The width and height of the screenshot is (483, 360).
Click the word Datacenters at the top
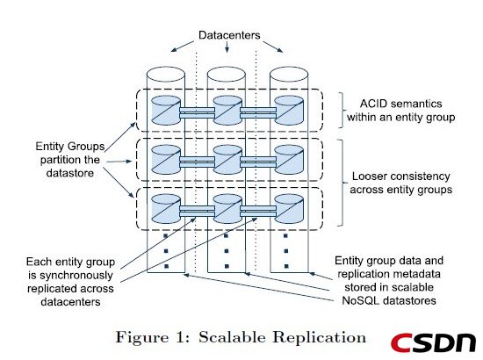229,35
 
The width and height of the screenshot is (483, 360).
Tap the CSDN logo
433,342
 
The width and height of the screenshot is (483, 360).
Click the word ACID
373,104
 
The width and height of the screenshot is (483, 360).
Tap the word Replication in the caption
319,337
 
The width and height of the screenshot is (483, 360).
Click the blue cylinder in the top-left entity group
166,110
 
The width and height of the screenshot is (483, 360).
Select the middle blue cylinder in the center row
227,160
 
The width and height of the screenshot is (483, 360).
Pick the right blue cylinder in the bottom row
289,209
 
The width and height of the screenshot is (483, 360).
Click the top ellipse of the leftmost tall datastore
166,75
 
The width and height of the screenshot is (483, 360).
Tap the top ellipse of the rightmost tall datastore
289,75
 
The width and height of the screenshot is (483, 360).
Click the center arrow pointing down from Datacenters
227,47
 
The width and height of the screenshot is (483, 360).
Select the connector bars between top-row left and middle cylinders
197,112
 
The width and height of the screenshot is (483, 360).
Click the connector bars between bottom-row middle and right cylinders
258,212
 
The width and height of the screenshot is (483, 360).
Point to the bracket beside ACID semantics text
341,110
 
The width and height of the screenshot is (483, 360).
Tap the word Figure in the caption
142,337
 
